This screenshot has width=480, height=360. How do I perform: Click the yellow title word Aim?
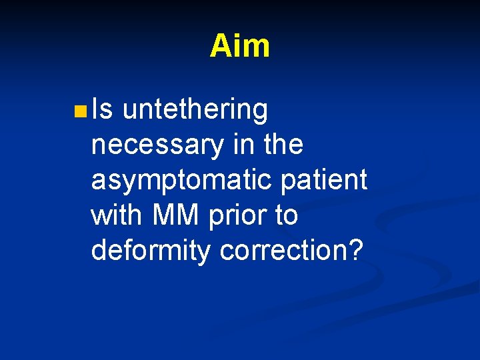pyautogui.click(x=239, y=46)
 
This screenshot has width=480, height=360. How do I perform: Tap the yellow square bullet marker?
pyautogui.click(x=80, y=110)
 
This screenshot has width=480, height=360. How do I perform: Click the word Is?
pyautogui.click(x=103, y=109)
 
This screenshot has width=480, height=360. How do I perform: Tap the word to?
pyautogui.click(x=285, y=216)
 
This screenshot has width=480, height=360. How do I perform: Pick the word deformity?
pyautogui.click(x=151, y=251)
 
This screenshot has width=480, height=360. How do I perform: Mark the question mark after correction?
pyautogui.click(x=355, y=251)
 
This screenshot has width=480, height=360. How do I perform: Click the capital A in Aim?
pyautogui.click(x=221, y=46)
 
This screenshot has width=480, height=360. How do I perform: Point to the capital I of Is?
pyautogui.click(x=95, y=109)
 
